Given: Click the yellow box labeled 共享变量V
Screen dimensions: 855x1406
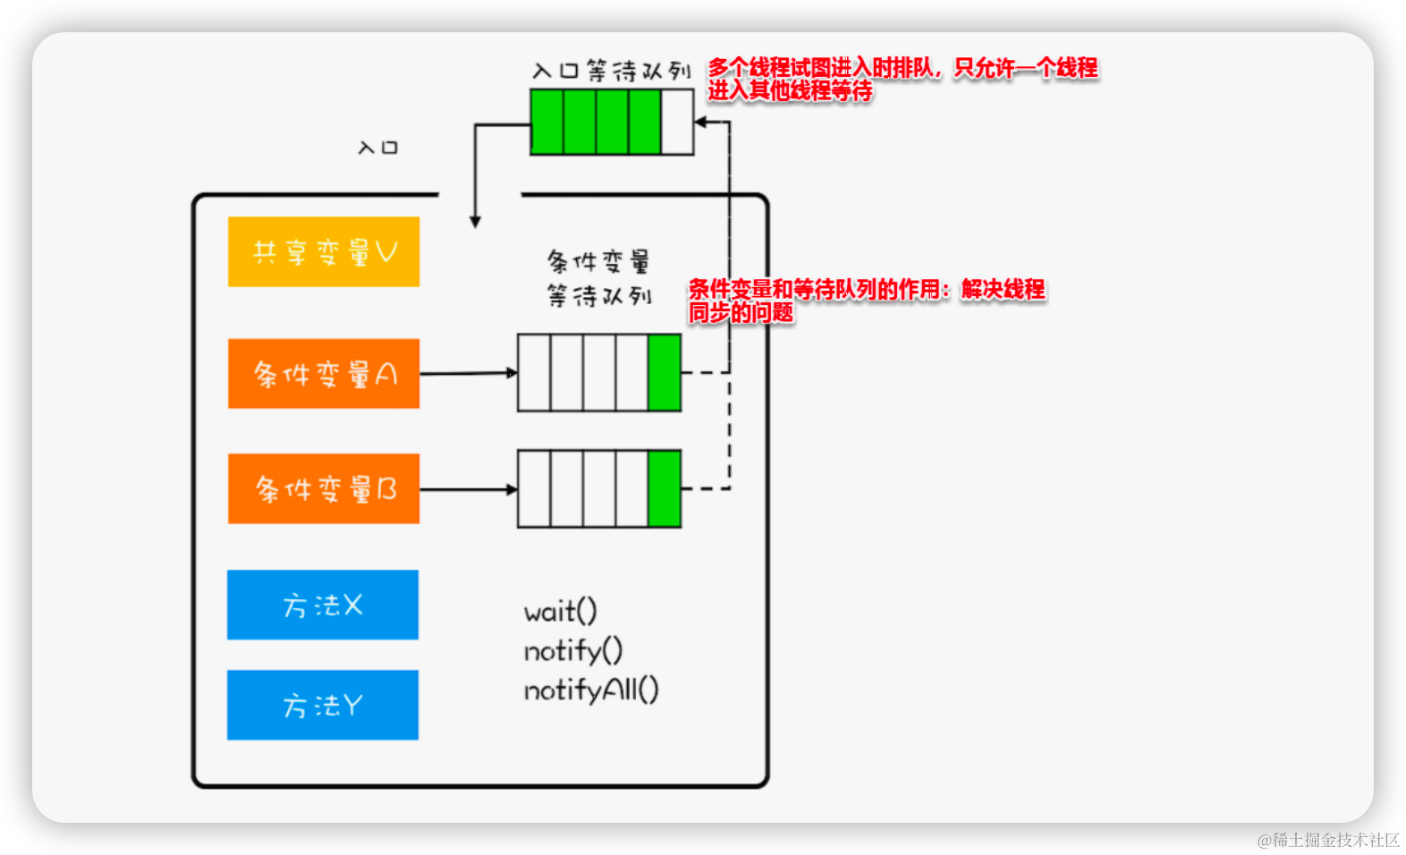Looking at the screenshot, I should (323, 251).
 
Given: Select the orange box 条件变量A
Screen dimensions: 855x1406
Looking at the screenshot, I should (323, 373).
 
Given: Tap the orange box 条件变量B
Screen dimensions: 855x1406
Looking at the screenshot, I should (323, 488).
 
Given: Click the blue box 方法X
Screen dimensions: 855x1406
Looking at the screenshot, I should (322, 605).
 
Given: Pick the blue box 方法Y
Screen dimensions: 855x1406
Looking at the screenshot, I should (322, 705).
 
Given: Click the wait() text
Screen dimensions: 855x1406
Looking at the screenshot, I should (560, 612).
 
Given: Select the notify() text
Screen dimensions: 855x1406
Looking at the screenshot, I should (572, 650).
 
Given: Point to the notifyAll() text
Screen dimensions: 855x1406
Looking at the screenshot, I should (590, 690).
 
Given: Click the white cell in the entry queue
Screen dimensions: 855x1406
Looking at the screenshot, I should (677, 122).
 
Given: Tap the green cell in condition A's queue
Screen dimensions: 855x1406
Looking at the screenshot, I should (664, 373).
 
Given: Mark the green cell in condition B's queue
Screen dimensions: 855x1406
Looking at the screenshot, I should (664, 488).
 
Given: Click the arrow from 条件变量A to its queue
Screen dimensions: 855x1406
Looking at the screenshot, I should (468, 373).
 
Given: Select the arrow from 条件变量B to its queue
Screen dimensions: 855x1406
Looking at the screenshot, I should (468, 489).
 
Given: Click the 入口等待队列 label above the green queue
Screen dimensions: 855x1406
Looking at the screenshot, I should (611, 71).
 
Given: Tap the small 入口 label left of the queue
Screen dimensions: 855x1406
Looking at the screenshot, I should (377, 148).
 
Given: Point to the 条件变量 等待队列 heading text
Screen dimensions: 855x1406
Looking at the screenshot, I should (598, 278).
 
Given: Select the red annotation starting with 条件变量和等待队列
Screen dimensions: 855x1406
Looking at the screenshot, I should (865, 301).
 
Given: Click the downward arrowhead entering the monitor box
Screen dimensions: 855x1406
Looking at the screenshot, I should (475, 221).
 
